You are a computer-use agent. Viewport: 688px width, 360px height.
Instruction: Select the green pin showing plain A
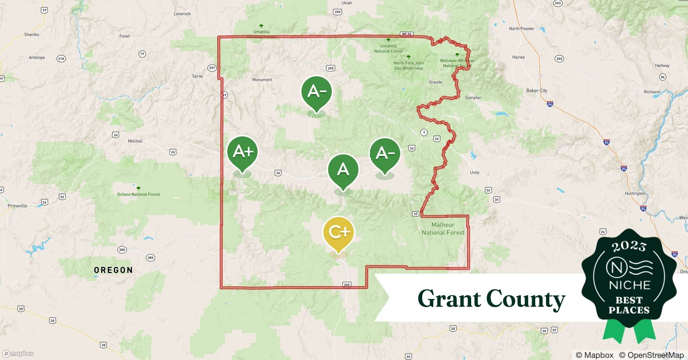(343, 170)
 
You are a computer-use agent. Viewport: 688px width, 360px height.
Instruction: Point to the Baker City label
(536, 91)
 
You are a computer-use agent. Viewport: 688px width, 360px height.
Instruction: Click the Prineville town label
(18, 206)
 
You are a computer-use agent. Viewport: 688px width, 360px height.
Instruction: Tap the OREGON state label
(113, 270)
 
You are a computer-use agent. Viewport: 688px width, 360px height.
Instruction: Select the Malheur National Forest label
(443, 229)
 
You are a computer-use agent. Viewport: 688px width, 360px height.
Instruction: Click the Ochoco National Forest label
(138, 194)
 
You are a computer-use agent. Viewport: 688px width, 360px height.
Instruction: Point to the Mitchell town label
(135, 141)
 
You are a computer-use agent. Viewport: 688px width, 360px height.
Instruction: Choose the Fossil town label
(125, 36)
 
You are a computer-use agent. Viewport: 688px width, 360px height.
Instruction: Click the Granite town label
(435, 82)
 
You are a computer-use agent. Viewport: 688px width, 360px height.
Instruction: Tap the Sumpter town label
(473, 98)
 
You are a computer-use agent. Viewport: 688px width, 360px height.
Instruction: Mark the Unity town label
(475, 172)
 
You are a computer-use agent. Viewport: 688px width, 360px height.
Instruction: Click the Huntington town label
(635, 193)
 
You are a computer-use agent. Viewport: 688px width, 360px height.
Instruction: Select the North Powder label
(522, 28)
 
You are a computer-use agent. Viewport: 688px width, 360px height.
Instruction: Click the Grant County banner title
(491, 299)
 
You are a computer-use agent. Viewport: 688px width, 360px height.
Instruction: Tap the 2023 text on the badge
(629, 246)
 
